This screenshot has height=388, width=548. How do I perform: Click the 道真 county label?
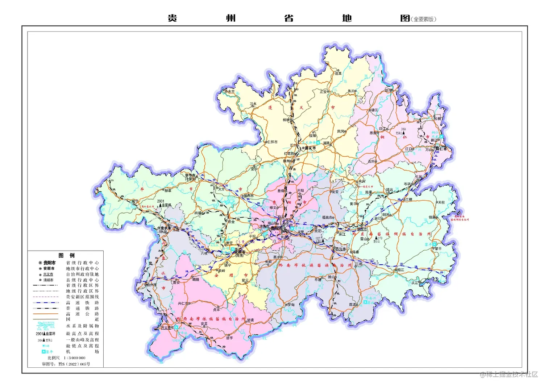pos(338,74)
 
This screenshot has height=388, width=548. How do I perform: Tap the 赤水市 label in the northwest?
pos(229,92)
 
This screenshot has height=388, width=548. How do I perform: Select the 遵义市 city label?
pos(310,148)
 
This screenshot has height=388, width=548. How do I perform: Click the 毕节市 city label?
pos(190,176)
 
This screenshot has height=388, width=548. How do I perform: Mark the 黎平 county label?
pos(438,249)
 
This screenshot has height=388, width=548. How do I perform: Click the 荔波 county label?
pos(353,305)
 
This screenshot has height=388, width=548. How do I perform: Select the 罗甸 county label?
pos(291,305)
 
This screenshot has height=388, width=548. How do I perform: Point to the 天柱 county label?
pos(441,202)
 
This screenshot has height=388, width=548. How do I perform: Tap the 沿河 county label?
pos(388,90)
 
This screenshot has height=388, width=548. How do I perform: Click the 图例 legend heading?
pos(67,255)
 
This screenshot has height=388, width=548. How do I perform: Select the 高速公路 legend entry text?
pos(82,314)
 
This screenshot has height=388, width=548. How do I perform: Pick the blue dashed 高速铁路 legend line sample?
pos(46,302)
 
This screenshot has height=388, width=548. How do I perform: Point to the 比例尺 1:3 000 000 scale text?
pos(66,358)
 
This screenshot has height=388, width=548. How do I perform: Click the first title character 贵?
pos(172,18)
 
